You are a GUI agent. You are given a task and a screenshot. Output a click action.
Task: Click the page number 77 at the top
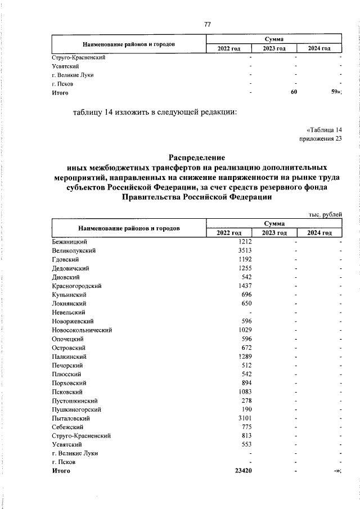pos(207,24)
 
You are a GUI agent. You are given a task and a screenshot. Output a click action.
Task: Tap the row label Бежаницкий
pos(69,241)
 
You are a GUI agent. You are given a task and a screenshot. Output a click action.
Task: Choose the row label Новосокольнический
pos(82,330)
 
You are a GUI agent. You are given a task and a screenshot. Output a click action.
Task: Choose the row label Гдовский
pos(65,259)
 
